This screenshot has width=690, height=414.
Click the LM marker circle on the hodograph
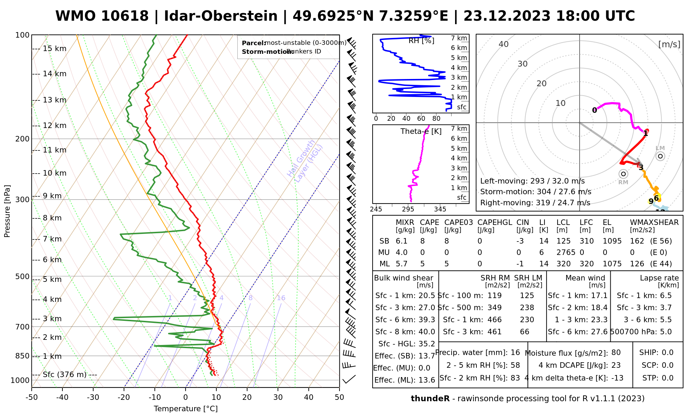click(x=660, y=156)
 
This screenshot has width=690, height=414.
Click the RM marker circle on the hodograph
click(x=623, y=174)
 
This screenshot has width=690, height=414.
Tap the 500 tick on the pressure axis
click(x=22, y=276)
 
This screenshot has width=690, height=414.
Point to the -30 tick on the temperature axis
click(x=93, y=397)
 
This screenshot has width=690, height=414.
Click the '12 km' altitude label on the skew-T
click(x=55, y=126)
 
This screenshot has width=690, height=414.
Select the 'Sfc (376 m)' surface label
click(x=65, y=375)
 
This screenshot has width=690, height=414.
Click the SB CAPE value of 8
click(x=422, y=241)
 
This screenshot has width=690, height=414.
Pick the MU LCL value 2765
click(x=566, y=253)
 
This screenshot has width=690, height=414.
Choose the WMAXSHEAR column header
click(x=654, y=223)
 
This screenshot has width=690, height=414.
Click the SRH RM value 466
click(x=494, y=320)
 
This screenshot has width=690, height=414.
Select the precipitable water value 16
click(x=515, y=353)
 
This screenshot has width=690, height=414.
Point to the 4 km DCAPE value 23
click(x=616, y=365)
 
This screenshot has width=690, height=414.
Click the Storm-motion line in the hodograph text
click(x=535, y=192)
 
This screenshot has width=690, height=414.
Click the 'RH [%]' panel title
click(x=421, y=41)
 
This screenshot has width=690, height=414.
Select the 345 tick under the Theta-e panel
click(x=440, y=209)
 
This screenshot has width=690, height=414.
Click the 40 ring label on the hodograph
click(x=504, y=44)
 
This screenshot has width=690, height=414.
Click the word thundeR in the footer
click(x=430, y=399)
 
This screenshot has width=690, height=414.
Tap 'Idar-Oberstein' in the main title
click(x=221, y=16)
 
